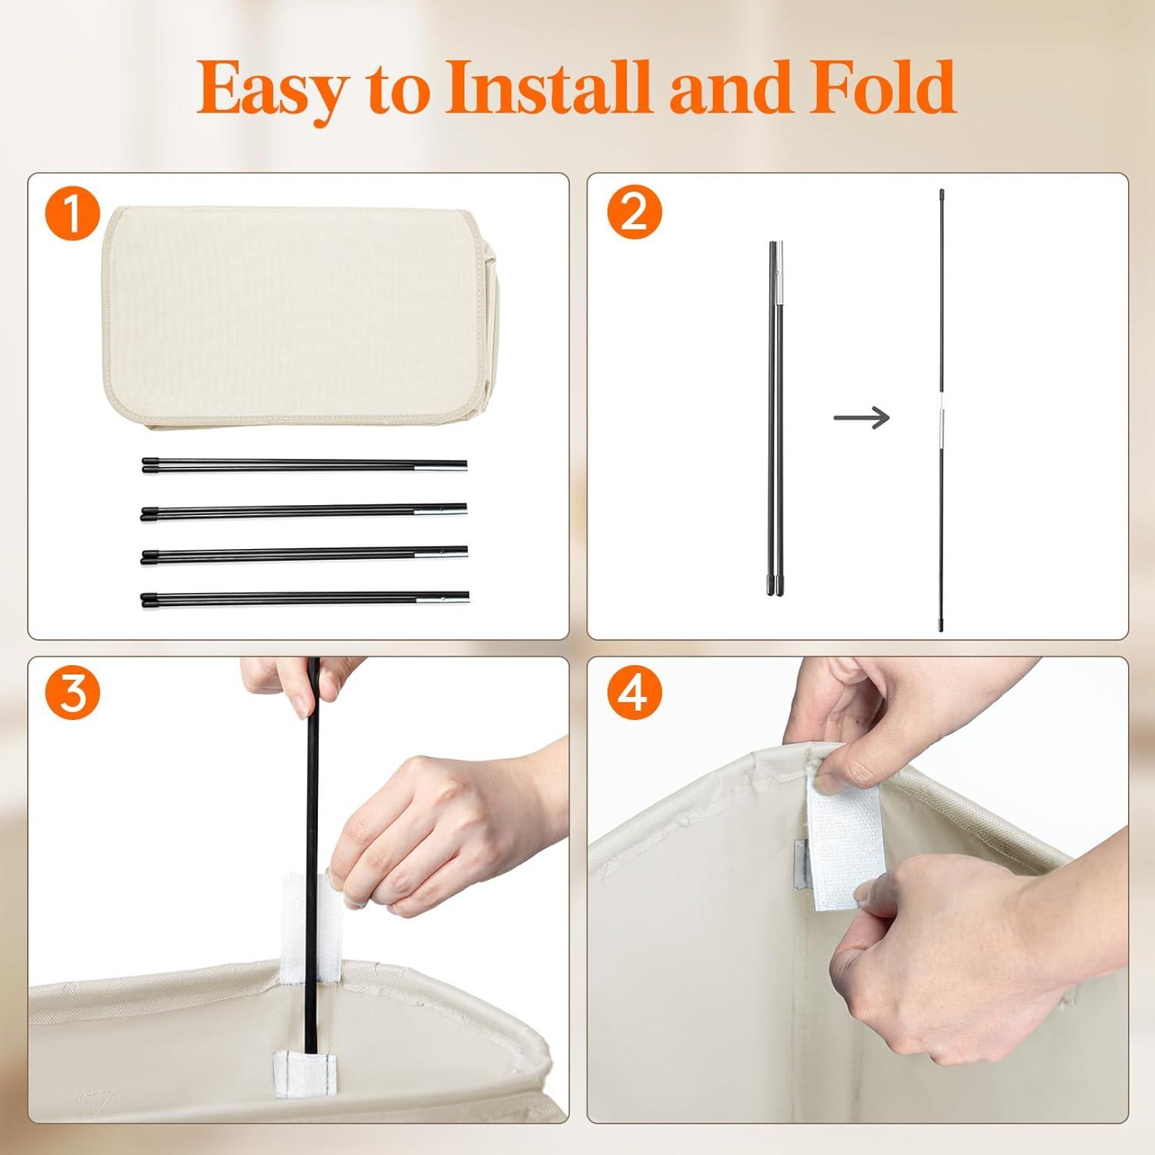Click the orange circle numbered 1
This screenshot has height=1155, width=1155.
[x=72, y=213]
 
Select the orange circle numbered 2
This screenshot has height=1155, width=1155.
[x=634, y=213]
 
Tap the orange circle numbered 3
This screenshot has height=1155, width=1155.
[x=72, y=693]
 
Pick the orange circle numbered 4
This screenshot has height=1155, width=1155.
[x=634, y=693]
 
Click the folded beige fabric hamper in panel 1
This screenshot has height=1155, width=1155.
[x=300, y=316]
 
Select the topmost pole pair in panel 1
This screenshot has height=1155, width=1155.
[x=304, y=464]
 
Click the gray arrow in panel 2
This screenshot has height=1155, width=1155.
[x=862, y=418]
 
